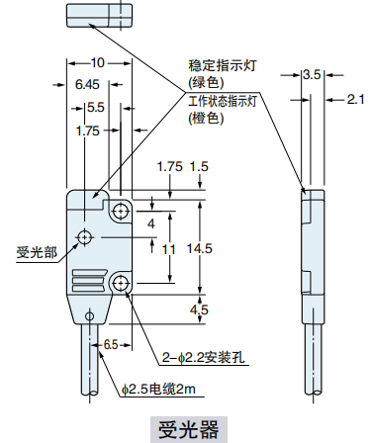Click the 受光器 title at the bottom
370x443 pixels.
pos(186,429)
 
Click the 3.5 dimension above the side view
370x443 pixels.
pos(311,74)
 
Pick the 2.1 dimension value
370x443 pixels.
pos(357,98)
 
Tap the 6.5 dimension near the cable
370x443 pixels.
pos(110,344)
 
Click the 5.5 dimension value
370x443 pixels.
pos(96,107)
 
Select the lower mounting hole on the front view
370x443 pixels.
pos(121,283)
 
